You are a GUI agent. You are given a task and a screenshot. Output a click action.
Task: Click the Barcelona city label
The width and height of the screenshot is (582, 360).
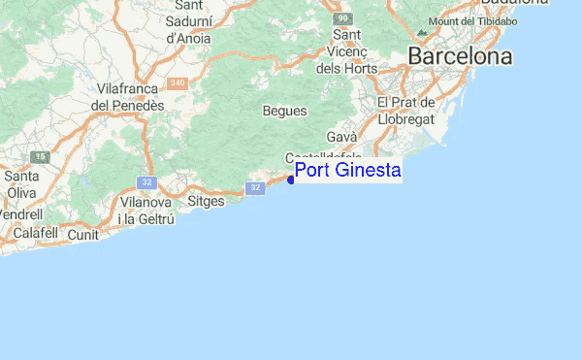pos(460,56)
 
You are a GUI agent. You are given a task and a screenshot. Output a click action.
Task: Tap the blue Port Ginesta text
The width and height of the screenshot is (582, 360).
pos(347,171)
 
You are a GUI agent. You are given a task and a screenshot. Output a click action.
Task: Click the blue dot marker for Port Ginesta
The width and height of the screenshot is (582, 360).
pos(291,179)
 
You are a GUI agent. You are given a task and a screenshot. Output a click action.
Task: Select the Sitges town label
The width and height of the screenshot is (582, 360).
pos(205,201)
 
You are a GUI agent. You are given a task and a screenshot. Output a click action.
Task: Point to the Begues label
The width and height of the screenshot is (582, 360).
pos(284,111)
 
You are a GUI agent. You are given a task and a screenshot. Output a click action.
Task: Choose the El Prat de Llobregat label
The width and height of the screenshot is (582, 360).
pos(407,110)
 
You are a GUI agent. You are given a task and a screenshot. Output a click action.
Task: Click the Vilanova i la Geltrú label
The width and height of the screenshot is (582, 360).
pos(145,211)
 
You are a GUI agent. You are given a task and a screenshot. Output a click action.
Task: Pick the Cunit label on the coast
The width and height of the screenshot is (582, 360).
pos(84,235)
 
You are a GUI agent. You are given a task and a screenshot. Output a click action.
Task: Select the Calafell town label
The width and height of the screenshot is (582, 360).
pos(34,234)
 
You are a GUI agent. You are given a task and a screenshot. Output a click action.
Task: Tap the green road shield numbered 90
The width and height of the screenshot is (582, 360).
pos(341,18)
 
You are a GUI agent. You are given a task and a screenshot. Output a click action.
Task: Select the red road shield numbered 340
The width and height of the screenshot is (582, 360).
pos(177,83)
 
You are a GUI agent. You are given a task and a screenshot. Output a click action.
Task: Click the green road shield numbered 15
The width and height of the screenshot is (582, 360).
pos(40,156)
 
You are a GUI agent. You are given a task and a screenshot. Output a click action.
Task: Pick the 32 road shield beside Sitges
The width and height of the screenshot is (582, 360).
pos(255,187)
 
